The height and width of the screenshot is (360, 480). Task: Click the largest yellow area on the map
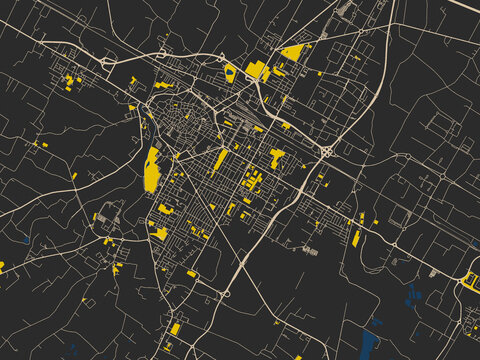click(152, 169)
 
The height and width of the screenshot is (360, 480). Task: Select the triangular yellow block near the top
click(292, 52)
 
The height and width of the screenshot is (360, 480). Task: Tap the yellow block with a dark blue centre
click(230, 72)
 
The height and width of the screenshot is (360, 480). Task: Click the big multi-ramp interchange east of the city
click(327, 151)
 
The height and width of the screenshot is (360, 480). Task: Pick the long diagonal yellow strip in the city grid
click(219, 159)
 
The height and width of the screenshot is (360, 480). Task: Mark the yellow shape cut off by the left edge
click(2, 267)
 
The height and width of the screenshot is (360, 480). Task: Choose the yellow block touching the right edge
click(471, 279)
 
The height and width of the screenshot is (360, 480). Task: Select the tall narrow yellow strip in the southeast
click(356, 238)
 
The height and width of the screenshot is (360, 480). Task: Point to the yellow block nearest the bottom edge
click(174, 328)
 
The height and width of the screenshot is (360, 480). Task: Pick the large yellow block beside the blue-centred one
click(255, 69)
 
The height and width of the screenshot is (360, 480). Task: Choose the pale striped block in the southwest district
click(109, 213)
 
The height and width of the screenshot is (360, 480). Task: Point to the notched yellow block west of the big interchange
click(276, 156)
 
